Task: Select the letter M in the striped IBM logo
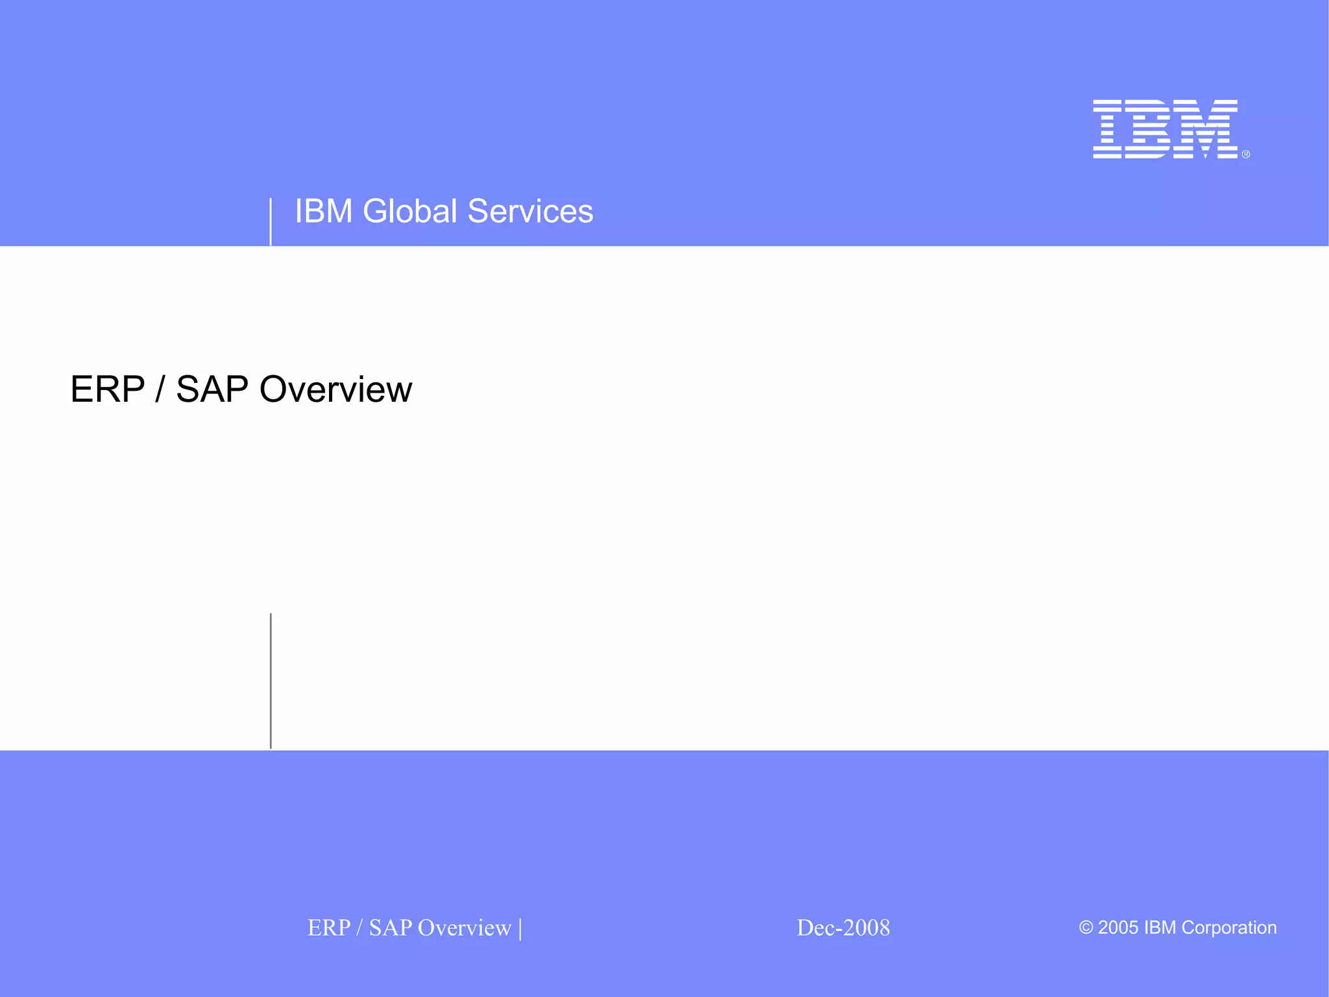click(1208, 129)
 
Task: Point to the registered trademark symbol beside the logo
click(1245, 154)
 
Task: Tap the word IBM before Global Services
click(323, 211)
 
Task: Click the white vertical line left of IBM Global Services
click(271, 222)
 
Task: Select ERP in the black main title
click(107, 389)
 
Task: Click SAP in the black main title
click(212, 389)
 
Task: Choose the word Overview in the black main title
click(335, 389)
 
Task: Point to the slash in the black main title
click(160, 389)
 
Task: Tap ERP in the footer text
click(328, 928)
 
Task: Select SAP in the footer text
click(390, 928)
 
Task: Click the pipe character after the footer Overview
click(520, 928)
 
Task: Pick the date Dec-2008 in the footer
click(843, 928)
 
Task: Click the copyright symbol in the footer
click(1086, 928)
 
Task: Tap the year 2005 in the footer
click(1117, 928)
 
